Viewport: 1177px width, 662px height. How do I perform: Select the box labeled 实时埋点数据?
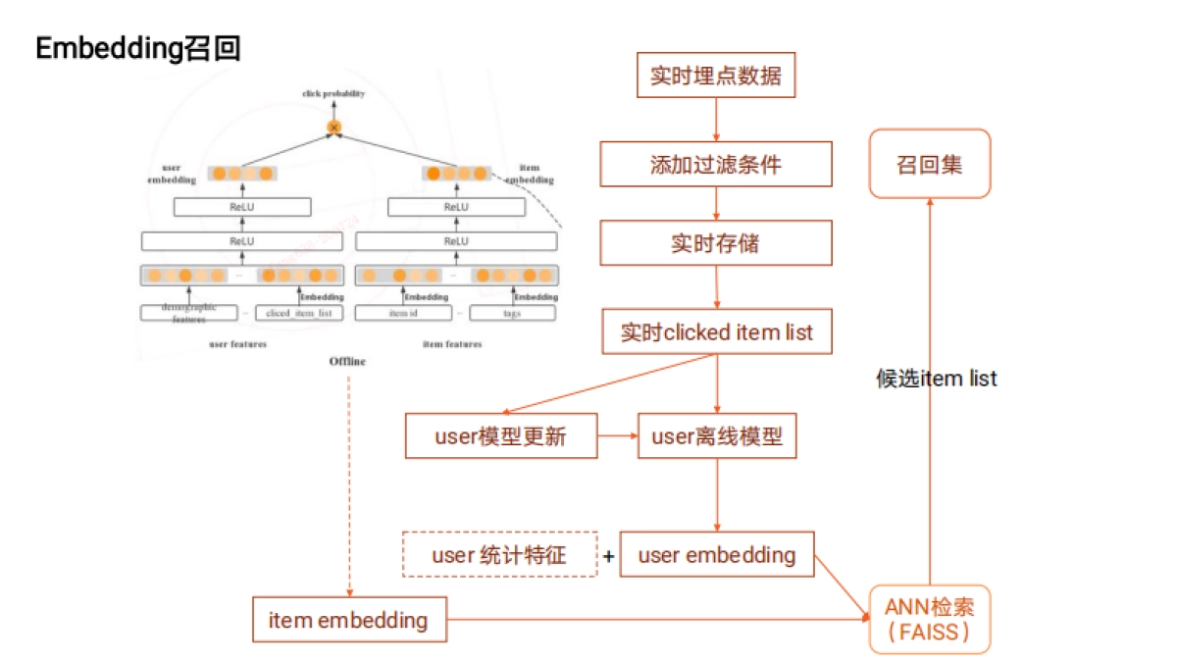pos(716,76)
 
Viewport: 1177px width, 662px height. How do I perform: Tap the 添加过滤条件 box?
pos(716,164)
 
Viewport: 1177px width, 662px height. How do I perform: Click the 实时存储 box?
pos(716,242)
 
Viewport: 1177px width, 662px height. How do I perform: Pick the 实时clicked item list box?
pos(716,332)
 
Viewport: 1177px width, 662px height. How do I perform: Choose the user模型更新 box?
pos(500,436)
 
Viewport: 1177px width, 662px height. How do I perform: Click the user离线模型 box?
pos(717,436)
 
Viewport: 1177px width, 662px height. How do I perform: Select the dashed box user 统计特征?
pos(499,554)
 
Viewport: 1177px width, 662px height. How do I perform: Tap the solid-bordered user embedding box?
pos(717,554)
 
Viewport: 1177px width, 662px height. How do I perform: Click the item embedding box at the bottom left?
pos(349,620)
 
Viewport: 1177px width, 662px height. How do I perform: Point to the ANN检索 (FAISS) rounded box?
pos(929,619)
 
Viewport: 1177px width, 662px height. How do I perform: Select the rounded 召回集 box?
pos(929,164)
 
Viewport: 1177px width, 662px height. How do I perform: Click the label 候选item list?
pos(936,379)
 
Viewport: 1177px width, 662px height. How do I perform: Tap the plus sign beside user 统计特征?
pos(609,556)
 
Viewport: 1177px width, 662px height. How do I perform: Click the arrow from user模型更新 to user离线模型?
pos(617,436)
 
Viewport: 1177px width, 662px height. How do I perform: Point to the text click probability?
pos(333,94)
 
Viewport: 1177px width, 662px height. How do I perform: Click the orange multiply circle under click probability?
pos(333,127)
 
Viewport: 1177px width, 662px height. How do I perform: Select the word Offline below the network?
pos(347,362)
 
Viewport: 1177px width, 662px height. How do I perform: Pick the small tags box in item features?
pos(512,313)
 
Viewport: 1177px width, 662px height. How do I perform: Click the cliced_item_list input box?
pos(298,313)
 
